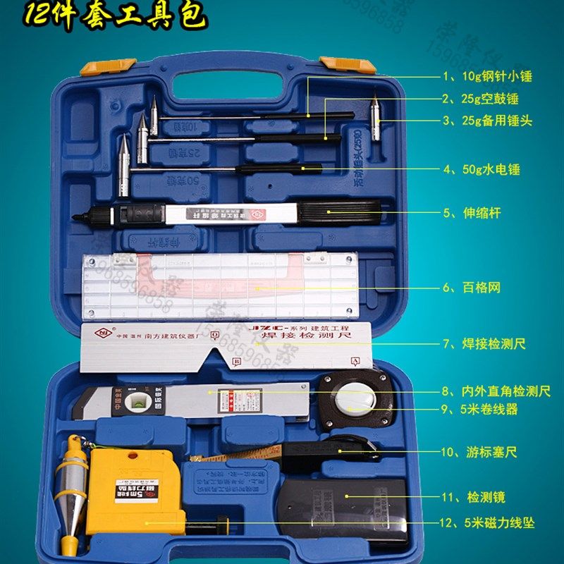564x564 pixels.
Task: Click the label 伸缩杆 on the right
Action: (x=482, y=213)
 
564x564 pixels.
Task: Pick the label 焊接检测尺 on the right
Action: (x=493, y=345)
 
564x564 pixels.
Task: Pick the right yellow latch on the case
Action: (x=338, y=66)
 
